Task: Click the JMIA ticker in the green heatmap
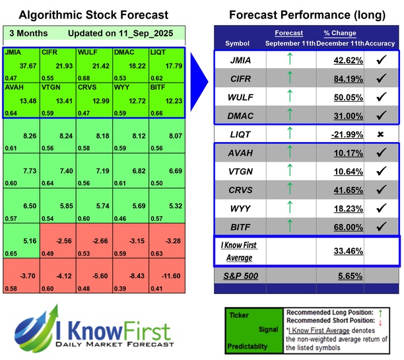coord(12,52)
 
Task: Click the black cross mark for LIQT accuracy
coord(381,134)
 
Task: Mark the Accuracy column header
coord(382,43)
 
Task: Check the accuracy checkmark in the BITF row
coord(381,226)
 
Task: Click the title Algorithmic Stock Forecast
coord(92,15)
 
